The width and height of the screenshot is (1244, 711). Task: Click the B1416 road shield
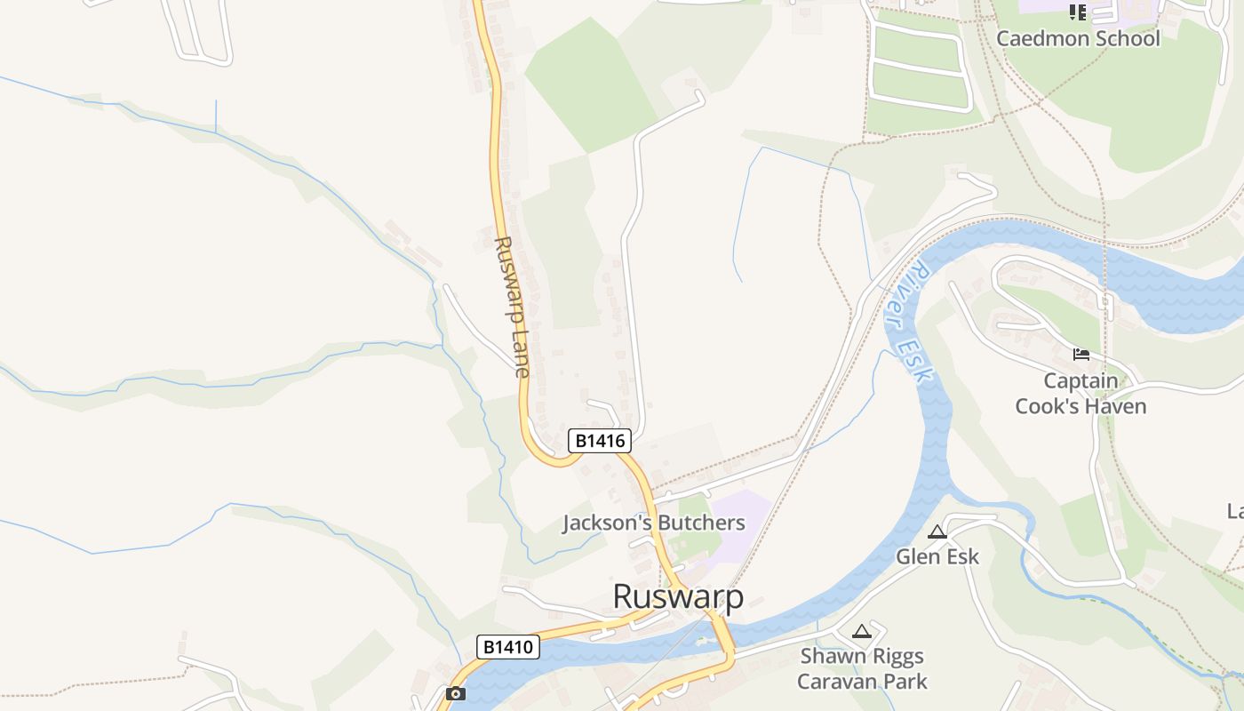(599, 440)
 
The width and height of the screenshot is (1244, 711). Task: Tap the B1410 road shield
(509, 646)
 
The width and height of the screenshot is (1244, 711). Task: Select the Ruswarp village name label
(678, 596)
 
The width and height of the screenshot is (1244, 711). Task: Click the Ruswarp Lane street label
(514, 307)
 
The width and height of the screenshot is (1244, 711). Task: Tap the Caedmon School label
(1078, 38)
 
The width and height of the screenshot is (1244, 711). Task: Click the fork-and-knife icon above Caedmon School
(1078, 12)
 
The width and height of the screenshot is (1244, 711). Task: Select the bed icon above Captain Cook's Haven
(1081, 355)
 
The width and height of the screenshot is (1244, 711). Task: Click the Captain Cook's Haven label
(1081, 394)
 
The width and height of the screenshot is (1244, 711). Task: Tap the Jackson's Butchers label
(653, 523)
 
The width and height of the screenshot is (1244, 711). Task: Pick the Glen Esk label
(937, 556)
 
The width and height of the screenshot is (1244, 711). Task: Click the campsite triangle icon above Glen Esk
(937, 532)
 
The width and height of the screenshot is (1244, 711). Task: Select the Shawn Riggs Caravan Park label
(861, 669)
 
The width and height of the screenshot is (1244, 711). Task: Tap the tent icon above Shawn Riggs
(860, 632)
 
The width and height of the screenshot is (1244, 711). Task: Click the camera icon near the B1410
(456, 693)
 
